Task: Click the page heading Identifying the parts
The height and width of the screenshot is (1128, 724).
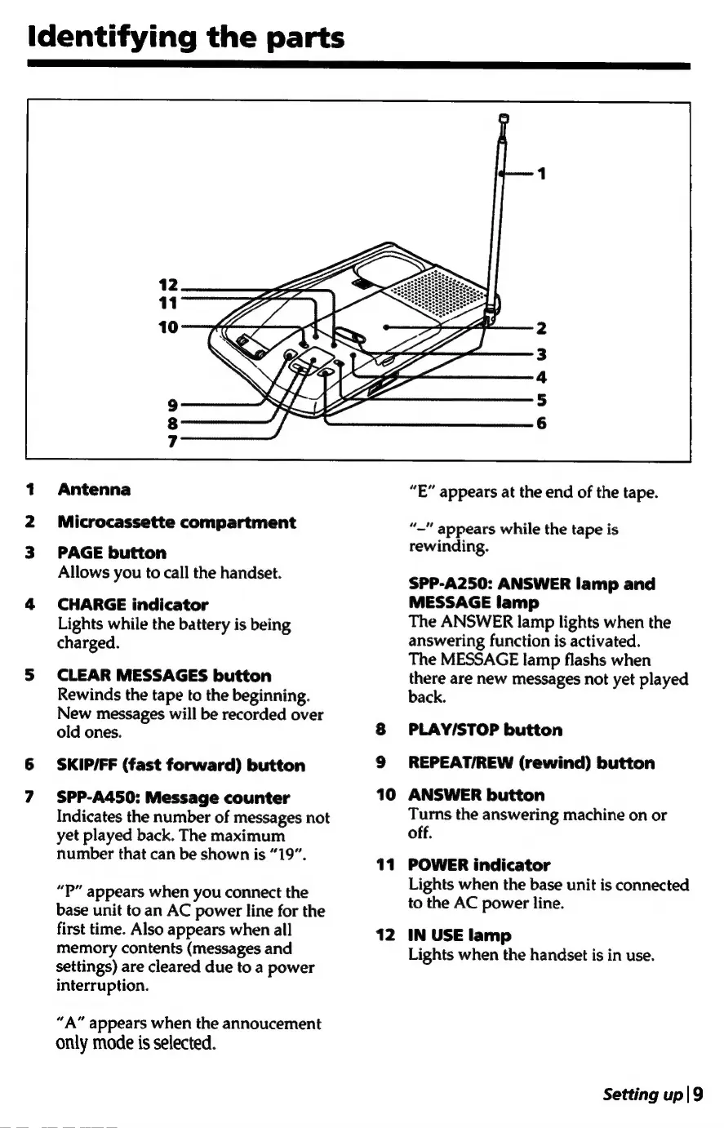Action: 186,38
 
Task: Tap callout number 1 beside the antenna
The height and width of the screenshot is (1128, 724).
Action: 541,174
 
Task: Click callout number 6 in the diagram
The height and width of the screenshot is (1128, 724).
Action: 541,424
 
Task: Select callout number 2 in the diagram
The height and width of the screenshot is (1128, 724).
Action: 541,329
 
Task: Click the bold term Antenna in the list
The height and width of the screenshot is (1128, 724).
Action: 95,490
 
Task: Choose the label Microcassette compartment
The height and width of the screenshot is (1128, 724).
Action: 176,522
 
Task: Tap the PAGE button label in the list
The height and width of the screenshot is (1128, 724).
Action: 112,553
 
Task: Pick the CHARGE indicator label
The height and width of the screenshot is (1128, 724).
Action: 133,605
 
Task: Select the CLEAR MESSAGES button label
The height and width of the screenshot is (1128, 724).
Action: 164,676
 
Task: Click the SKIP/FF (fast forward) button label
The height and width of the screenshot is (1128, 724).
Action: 181,766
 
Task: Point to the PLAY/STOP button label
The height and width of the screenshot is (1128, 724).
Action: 485,730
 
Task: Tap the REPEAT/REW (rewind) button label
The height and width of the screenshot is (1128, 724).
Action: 531,763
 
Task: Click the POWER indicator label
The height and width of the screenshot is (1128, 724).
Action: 479,864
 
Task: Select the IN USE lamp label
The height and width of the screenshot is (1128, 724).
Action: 460,935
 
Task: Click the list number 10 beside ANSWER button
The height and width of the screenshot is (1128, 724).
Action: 386,795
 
